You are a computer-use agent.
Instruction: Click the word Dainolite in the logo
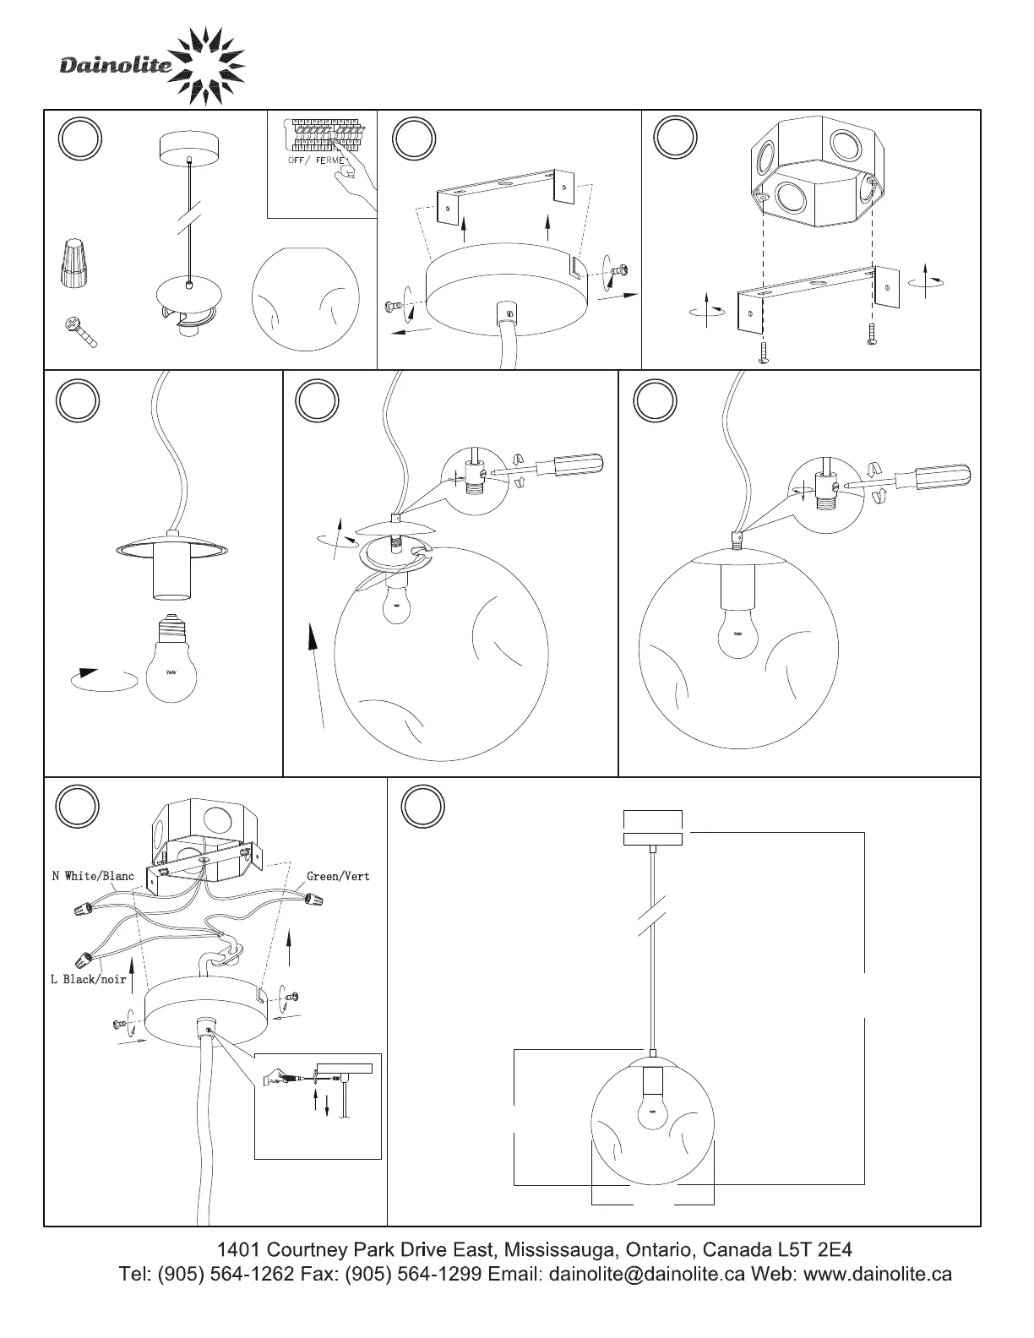click(x=117, y=65)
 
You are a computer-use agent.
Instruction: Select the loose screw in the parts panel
click(x=80, y=332)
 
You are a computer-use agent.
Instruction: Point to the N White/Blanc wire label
click(x=93, y=876)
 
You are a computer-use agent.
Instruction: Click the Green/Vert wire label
click(x=338, y=876)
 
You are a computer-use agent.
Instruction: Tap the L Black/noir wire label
click(x=88, y=979)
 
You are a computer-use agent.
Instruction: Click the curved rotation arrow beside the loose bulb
click(x=104, y=679)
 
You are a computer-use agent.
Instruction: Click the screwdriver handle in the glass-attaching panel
click(x=578, y=465)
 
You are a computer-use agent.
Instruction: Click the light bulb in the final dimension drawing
click(x=653, y=1110)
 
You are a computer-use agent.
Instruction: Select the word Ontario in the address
click(x=661, y=1249)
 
